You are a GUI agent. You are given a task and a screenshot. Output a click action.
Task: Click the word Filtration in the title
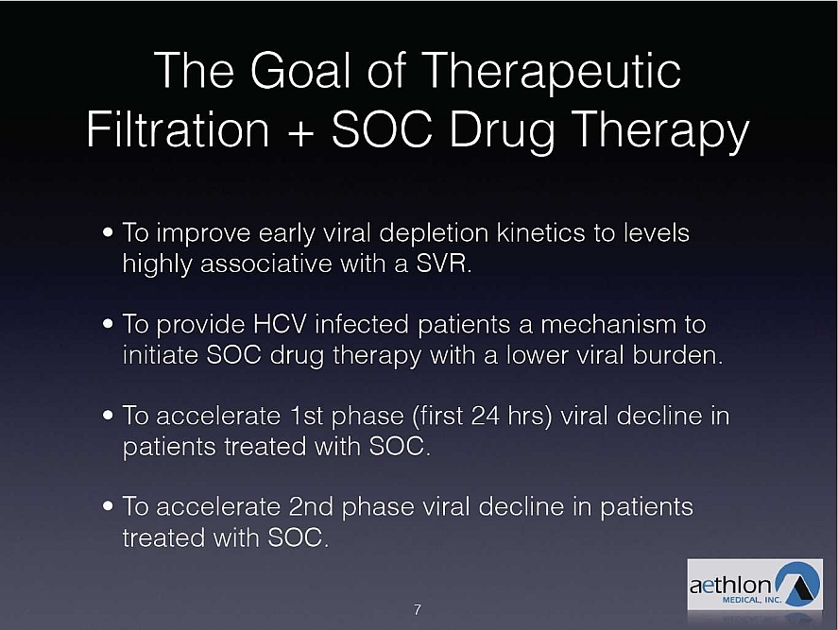coord(178,129)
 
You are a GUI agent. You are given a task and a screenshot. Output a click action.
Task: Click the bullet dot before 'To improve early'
coord(109,233)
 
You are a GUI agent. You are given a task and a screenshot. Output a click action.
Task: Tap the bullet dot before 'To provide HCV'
coord(109,324)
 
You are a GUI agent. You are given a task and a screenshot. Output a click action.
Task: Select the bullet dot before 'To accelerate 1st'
coord(109,416)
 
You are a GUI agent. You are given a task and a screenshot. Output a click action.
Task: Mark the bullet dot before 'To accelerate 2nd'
coord(109,506)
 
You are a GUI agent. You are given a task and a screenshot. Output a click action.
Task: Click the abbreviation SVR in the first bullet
coord(441,264)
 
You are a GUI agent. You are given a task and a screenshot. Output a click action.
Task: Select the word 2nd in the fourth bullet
coord(311,506)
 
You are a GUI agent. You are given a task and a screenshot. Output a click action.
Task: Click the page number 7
coord(418,610)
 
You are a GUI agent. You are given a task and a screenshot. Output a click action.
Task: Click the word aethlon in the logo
coord(730,585)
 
